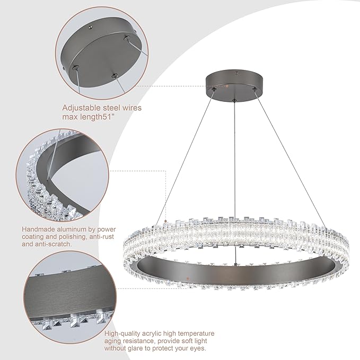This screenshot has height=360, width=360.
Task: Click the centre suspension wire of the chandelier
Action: coord(234,159)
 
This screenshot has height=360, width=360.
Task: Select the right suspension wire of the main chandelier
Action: coord(286,159)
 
